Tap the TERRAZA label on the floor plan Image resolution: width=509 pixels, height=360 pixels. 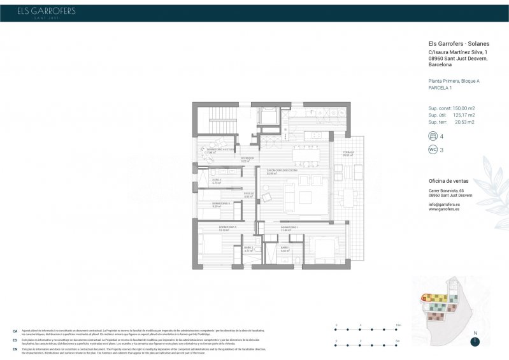click(347, 153)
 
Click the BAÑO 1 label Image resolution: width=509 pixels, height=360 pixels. click(285, 248)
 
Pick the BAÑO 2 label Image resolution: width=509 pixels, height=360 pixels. click(248, 248)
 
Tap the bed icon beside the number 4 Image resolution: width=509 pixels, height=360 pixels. click(433, 136)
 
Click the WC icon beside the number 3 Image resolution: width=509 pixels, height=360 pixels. click(433, 150)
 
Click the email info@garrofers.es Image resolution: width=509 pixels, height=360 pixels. click(444, 204)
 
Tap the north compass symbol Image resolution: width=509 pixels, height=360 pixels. click(475, 341)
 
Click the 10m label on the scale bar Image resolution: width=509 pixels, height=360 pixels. click(398, 325)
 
